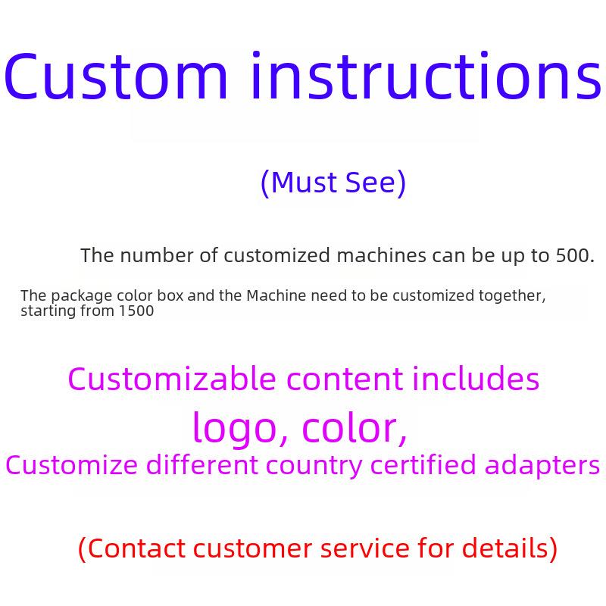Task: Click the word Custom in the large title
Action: pyautogui.click(x=116, y=75)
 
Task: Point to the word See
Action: pyautogui.click(x=370, y=182)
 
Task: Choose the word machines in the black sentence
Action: pyautogui.click(x=382, y=255)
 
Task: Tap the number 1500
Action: pyautogui.click(x=136, y=311)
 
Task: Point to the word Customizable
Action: pyautogui.click(x=172, y=379)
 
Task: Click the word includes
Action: pyautogui.click(x=476, y=379)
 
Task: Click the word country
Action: pyautogui.click(x=314, y=467)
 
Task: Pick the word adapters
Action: pyautogui.click(x=542, y=466)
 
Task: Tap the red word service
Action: pyautogui.click(x=364, y=548)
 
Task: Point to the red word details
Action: pyautogui.click(x=505, y=548)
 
